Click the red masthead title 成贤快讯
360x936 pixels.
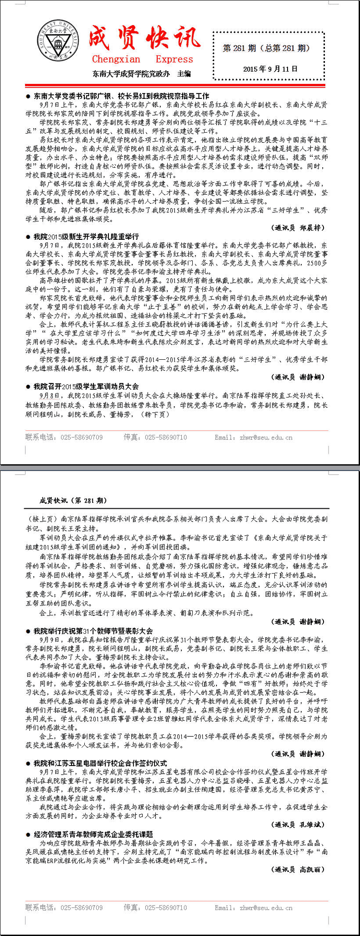(x=144, y=38)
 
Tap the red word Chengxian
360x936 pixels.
(x=116, y=59)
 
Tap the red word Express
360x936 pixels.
(x=174, y=59)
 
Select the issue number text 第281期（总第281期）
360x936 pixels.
(x=267, y=48)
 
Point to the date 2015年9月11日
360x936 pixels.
(x=270, y=69)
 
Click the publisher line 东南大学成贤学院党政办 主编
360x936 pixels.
(x=142, y=73)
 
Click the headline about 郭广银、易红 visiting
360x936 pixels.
(x=121, y=96)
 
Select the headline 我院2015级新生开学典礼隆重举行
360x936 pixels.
(x=86, y=237)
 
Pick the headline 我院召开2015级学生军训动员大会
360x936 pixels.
(x=86, y=386)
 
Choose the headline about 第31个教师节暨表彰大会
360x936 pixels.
(x=93, y=631)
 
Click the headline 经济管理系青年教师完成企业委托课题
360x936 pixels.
(x=93, y=834)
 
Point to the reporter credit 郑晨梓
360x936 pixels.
(x=312, y=228)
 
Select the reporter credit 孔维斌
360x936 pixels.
(x=312, y=825)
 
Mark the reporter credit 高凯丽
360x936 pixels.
(x=312, y=870)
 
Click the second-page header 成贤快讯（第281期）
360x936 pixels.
(x=73, y=501)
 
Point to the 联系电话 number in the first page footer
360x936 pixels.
(x=82, y=438)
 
